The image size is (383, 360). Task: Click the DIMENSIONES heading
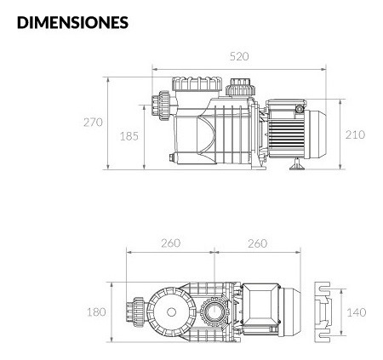click(x=72, y=22)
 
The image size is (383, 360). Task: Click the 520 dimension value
click(x=239, y=56)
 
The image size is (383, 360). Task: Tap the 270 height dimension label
click(x=93, y=123)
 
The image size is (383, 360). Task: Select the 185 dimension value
click(x=129, y=136)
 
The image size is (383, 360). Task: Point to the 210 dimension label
click(x=355, y=134)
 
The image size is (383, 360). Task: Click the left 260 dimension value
click(x=171, y=243)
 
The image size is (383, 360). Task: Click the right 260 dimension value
click(x=258, y=243)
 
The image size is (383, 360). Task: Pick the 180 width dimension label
click(x=96, y=312)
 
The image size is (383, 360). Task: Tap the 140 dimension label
click(x=357, y=312)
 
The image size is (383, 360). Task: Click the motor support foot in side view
click(x=297, y=164)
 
